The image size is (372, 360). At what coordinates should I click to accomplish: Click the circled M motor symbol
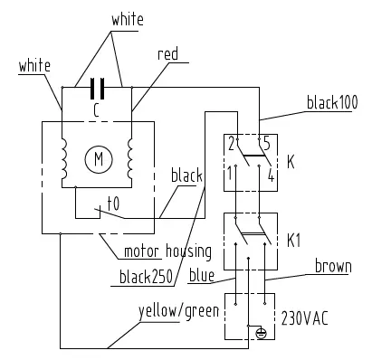click(x=95, y=160)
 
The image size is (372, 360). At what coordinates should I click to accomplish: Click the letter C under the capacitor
click(x=96, y=109)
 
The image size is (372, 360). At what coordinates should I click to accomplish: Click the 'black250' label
click(x=147, y=277)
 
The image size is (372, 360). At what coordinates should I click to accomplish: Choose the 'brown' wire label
click(x=333, y=267)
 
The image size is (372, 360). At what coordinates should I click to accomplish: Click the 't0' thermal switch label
click(x=114, y=205)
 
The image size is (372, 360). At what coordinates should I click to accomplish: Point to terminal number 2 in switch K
click(x=233, y=143)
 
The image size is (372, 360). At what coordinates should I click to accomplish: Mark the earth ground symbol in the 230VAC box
click(x=261, y=331)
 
